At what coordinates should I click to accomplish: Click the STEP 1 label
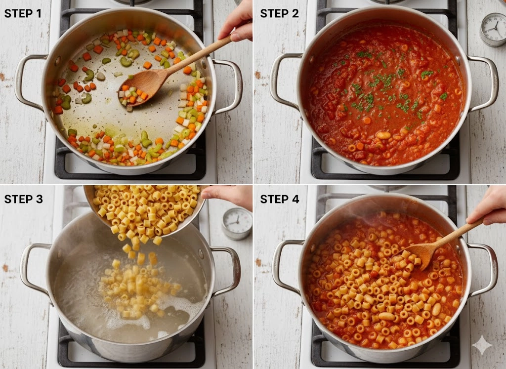(x=23, y=13)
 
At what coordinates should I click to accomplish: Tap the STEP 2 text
(x=280, y=13)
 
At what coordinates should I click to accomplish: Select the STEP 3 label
(x=23, y=199)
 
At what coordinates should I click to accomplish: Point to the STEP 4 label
(x=280, y=199)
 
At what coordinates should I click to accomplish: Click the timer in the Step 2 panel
(x=493, y=30)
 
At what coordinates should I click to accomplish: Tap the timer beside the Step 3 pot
(x=237, y=224)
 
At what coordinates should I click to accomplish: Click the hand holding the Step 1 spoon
(x=236, y=22)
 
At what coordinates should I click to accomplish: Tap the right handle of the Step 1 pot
(x=228, y=86)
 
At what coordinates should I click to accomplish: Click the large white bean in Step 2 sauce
(x=383, y=135)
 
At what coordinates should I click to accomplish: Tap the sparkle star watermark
(x=482, y=345)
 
